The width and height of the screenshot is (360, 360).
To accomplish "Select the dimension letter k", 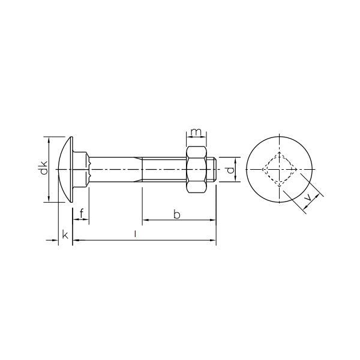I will click(65, 236).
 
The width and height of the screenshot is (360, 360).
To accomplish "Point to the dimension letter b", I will click(176, 214).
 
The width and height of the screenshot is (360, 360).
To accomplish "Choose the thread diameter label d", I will click(230, 170).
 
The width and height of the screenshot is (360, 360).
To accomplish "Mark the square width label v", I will click(309, 197).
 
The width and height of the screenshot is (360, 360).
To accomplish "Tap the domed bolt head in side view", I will click(65, 170).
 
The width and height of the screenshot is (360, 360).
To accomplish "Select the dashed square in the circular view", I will click(280, 170).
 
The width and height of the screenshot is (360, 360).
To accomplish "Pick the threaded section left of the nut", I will click(165, 170).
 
